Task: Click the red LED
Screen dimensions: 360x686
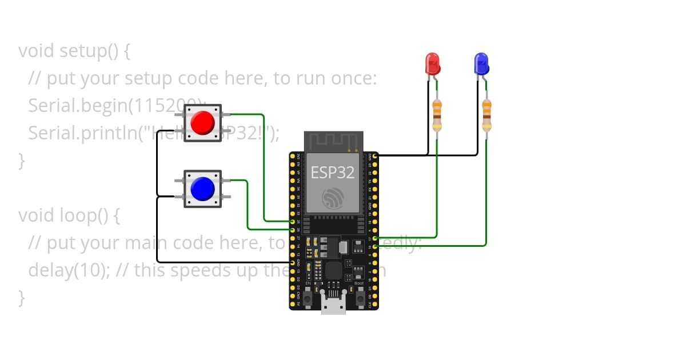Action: pos(433,63)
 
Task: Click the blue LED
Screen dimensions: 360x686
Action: pos(482,63)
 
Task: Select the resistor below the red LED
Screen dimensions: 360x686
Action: pos(437,115)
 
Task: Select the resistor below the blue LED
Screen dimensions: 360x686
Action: pos(486,115)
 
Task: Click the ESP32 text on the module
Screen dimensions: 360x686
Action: pos(333,173)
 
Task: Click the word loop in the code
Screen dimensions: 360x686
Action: pos(77,215)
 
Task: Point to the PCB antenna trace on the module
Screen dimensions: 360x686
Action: pos(333,141)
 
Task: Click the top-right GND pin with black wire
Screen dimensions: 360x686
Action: pos(375,155)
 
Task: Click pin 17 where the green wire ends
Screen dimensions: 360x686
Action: pos(375,238)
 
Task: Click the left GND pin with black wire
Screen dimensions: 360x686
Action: pos(292,262)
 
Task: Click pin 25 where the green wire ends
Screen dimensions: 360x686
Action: pos(292,221)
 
